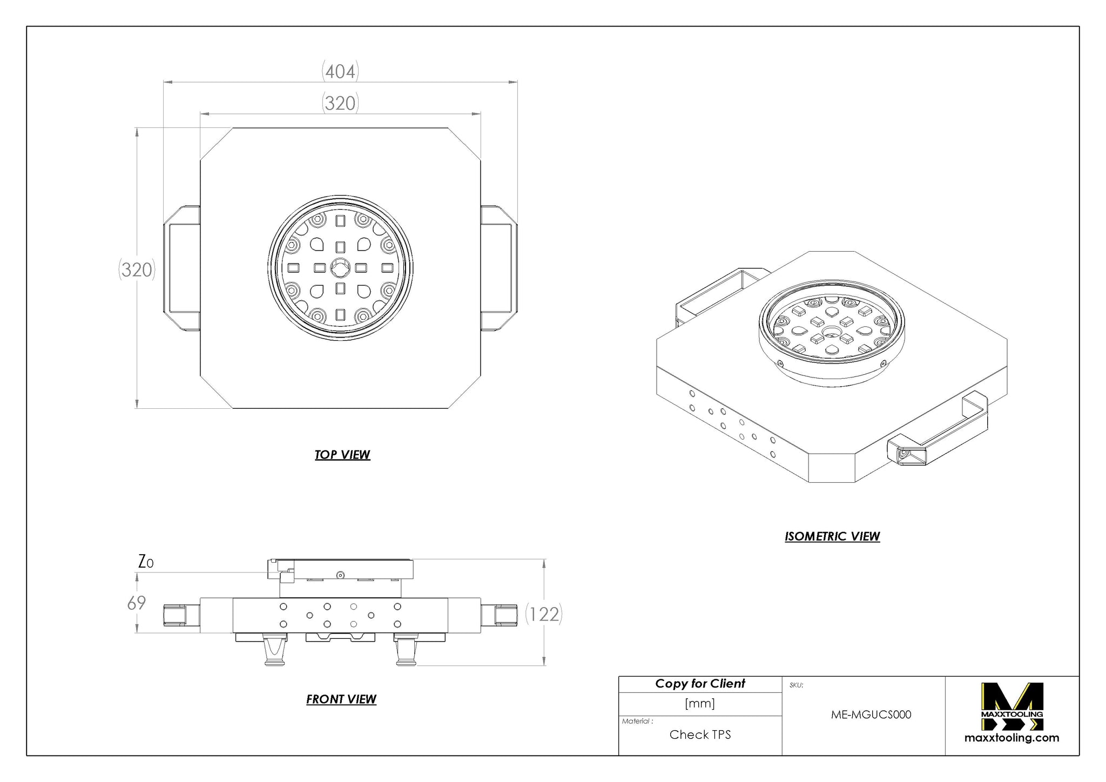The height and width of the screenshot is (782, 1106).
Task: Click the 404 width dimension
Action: [x=340, y=71]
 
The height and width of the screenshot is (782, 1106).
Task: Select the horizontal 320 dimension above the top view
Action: [x=340, y=103]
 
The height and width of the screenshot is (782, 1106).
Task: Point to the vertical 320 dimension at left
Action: [x=137, y=269]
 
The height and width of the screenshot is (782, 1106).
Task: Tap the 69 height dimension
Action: [x=137, y=603]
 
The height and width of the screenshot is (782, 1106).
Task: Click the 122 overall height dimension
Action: [x=544, y=614]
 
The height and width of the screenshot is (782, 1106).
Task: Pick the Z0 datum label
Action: [x=146, y=562]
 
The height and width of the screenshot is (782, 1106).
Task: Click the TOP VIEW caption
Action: [x=342, y=455]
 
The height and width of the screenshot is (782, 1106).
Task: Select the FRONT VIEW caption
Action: [x=341, y=699]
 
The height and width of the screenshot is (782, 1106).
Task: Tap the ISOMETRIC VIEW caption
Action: [x=832, y=536]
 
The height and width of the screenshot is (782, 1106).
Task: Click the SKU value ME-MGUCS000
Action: [x=871, y=714]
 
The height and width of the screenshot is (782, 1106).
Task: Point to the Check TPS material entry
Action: [x=700, y=734]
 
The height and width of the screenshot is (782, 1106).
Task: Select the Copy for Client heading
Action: [x=700, y=684]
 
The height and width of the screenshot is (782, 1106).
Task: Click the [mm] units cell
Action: [x=700, y=704]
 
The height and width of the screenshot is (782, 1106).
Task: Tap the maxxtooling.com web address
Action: [x=1012, y=738]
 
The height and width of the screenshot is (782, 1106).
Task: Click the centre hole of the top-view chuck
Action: [x=340, y=268]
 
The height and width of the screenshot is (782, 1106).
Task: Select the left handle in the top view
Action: [x=182, y=268]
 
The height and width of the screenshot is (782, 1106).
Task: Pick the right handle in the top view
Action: [x=499, y=268]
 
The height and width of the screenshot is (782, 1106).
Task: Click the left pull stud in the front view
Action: [x=274, y=651]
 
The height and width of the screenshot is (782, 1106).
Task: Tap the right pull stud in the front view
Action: [x=406, y=651]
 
